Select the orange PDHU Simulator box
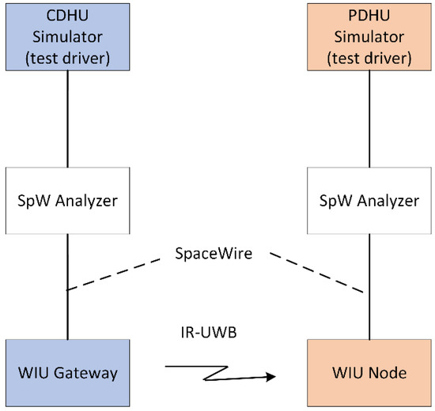[x=369, y=37]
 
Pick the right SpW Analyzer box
[x=369, y=200]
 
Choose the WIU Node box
[x=369, y=371]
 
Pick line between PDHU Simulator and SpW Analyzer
[x=369, y=119]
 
